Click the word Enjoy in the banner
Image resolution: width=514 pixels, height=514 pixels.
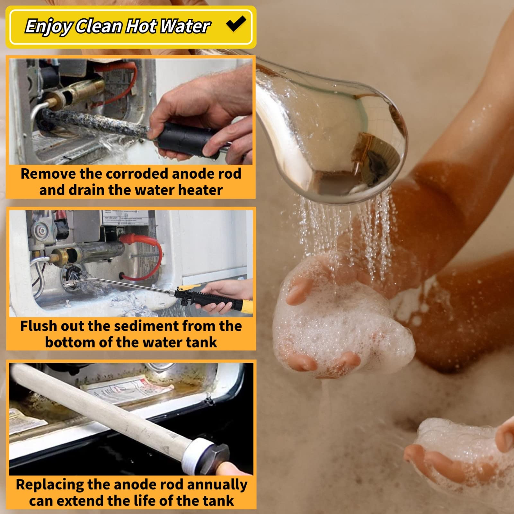(x=49, y=26)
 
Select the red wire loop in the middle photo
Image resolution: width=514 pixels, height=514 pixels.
(x=141, y=257)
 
